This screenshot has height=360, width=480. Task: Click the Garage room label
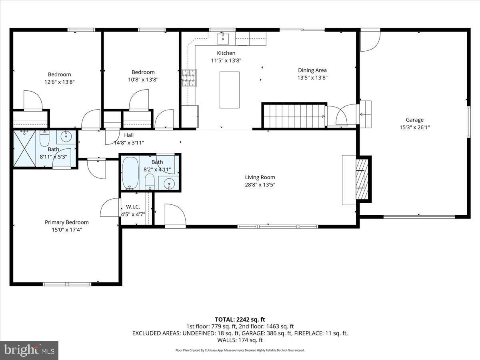click(415, 120)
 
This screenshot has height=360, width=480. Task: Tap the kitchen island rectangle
click(229, 90)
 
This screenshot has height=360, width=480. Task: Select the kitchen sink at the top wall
click(223, 39)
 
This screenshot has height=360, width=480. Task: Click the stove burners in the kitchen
click(189, 78)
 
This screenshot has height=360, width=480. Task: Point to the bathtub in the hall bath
click(130, 173)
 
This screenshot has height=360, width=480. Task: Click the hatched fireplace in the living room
click(362, 179)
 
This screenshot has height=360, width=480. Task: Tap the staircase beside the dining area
click(294, 116)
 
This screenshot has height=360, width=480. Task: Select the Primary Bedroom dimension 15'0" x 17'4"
click(67, 230)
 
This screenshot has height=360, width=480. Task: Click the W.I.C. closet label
click(133, 206)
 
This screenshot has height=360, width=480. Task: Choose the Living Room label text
click(260, 177)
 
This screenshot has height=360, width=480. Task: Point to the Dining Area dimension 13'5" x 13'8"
click(312, 78)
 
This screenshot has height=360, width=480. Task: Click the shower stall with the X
click(25, 148)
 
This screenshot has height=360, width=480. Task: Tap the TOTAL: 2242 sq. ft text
click(240, 320)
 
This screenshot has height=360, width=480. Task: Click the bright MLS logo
click(29, 350)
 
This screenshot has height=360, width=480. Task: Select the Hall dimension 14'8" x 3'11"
click(129, 143)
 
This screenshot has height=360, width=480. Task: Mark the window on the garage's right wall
click(469, 122)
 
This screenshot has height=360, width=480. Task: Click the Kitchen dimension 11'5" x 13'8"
click(226, 60)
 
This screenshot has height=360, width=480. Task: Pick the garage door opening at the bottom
click(419, 217)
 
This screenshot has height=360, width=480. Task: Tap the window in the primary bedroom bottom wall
click(67, 284)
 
